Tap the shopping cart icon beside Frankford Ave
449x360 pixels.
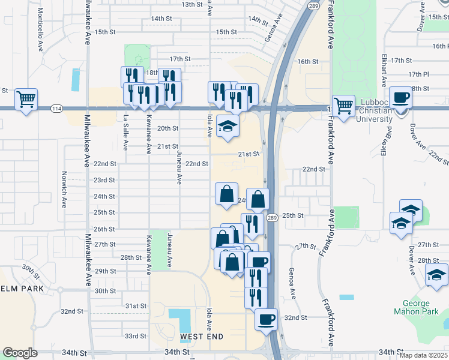(x=343, y=106)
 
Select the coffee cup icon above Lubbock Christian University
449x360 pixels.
(x=400, y=97)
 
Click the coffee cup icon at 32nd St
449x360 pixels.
(x=266, y=319)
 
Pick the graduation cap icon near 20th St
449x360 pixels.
(x=228, y=126)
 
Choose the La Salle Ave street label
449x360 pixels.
(x=125, y=133)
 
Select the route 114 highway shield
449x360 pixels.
(x=56, y=108)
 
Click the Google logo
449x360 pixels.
(x=20, y=353)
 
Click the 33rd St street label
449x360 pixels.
(x=136, y=336)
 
